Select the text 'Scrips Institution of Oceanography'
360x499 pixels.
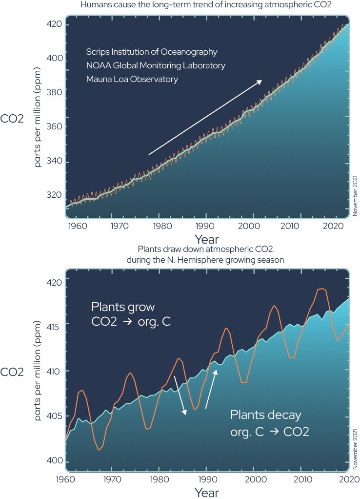coord(152,52)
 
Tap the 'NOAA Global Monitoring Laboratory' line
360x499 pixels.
coord(156,65)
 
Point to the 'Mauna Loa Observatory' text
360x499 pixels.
coord(132,79)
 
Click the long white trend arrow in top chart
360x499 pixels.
coord(205,118)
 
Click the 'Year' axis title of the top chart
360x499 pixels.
coord(206,239)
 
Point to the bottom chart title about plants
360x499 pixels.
coord(207,255)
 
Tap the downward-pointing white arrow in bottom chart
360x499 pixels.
coord(180,396)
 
